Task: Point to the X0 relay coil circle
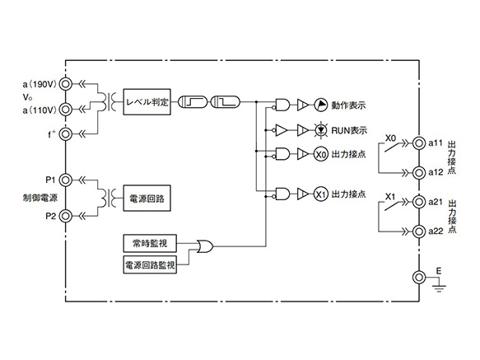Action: [320, 154]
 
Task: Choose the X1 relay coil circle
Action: [320, 194]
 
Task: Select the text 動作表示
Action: [348, 105]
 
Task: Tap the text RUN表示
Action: [349, 130]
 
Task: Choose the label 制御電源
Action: [38, 198]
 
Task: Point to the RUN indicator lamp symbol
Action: [321, 130]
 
